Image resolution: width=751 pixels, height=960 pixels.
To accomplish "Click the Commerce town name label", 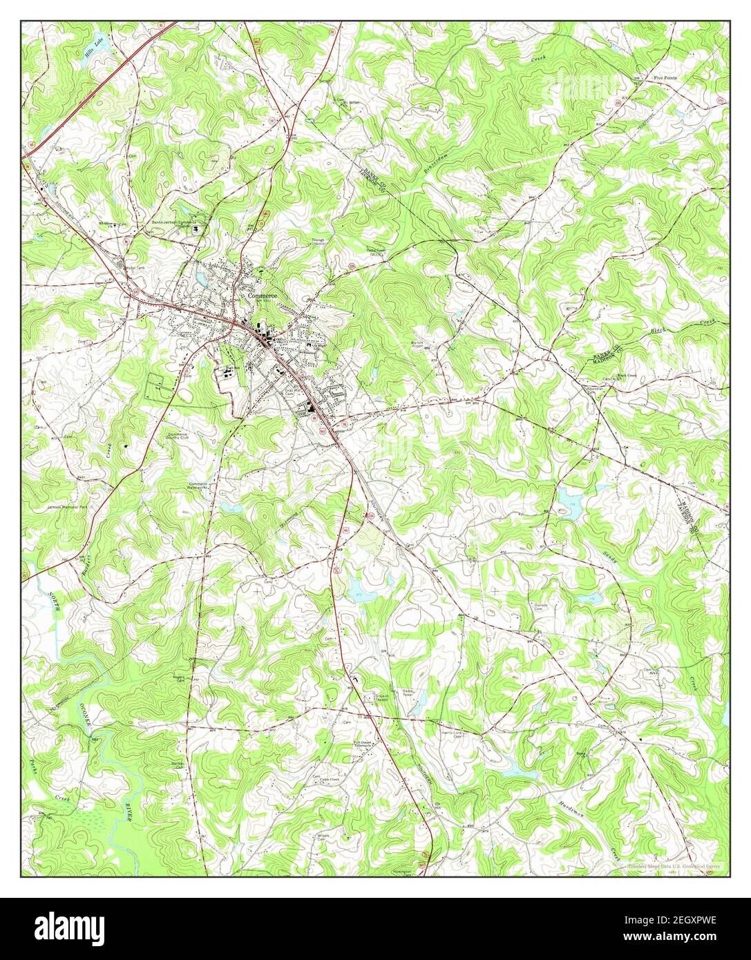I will pos(263,296).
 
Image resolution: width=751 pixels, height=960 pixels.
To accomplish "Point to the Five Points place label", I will pos(665,79).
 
